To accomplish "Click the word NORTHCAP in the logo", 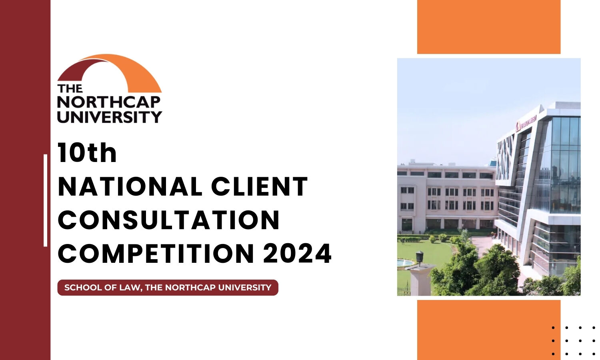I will tap(109, 102).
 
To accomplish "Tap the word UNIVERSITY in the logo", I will tap(109, 117).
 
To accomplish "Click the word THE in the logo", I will tap(70, 88).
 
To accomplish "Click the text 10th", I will tap(87, 153).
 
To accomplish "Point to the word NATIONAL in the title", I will tap(130, 187).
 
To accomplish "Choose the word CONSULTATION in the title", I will tap(168, 220).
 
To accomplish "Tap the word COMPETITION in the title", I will tap(156, 254).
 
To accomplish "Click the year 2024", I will tap(297, 254).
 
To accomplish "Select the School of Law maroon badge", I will tap(168, 288).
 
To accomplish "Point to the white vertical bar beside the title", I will tap(46, 200).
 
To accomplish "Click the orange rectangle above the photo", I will tap(488, 27).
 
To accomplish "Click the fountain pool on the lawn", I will tap(404, 262).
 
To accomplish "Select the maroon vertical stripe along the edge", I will tap(25, 180).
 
